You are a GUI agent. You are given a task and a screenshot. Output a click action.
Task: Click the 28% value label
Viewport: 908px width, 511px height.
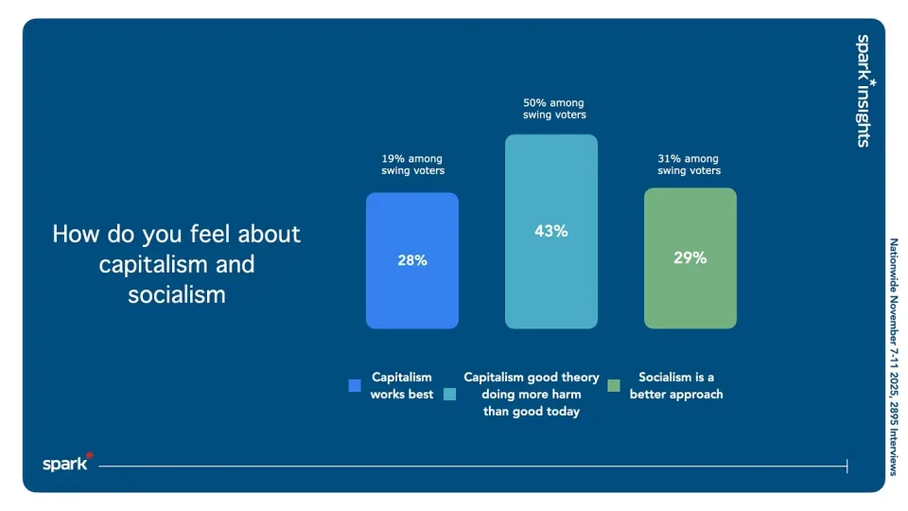[x=412, y=260]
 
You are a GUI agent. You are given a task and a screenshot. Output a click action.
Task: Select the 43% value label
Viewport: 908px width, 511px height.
[x=550, y=231]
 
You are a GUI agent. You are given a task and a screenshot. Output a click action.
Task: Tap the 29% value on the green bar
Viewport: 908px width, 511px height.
[x=690, y=257]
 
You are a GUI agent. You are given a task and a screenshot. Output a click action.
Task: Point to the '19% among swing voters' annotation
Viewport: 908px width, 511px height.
[x=412, y=165]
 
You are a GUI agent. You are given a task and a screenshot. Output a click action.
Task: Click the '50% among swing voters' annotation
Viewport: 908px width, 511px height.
[x=554, y=109]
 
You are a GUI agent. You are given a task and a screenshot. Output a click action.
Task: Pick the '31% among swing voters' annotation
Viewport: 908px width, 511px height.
[x=689, y=165]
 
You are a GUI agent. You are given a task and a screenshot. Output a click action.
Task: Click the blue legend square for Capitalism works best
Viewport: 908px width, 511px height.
[x=355, y=385]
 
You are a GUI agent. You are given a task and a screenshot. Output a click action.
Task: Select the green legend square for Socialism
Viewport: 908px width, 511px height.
[x=614, y=385]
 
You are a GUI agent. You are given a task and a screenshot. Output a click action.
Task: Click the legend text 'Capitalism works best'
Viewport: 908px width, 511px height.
[x=402, y=385]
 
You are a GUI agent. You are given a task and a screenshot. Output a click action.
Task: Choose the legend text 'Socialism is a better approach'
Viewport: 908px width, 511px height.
[x=675, y=385]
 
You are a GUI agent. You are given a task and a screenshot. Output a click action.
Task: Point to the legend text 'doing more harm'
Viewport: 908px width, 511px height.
[x=531, y=394]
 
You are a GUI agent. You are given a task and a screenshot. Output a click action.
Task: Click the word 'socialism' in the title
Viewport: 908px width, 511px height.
[x=177, y=294]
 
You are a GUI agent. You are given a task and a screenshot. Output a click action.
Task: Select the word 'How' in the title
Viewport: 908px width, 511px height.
[x=75, y=234]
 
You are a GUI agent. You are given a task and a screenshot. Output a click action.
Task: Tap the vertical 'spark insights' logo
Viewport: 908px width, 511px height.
[x=864, y=91]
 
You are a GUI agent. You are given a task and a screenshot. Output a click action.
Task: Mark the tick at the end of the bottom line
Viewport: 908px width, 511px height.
[x=847, y=466]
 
